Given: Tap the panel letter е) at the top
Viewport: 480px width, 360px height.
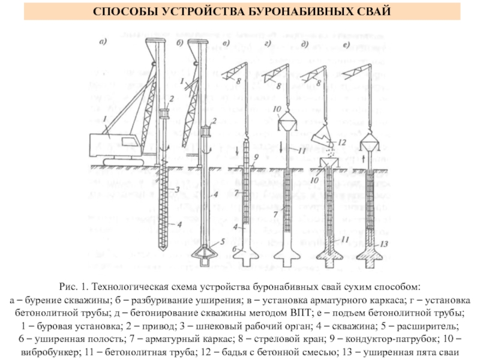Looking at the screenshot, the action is point(346,45).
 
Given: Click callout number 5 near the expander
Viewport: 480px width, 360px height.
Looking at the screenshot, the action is point(222,242).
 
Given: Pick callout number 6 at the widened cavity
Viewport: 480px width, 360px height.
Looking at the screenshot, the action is point(236,248).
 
